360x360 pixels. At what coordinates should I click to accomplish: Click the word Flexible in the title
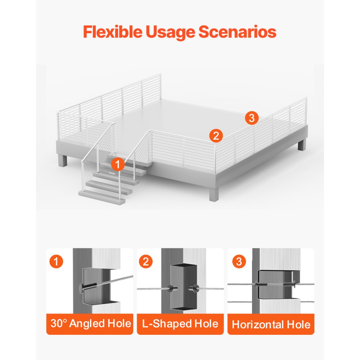(112, 32)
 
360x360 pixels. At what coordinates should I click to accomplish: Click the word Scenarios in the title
(237, 32)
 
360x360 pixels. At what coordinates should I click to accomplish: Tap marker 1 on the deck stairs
(118, 165)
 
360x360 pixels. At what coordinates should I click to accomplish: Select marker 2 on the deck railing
(216, 136)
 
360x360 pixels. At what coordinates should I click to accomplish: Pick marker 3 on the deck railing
(252, 118)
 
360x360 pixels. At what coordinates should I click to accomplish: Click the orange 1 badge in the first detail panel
(56, 261)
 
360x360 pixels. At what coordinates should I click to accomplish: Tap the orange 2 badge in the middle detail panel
(146, 261)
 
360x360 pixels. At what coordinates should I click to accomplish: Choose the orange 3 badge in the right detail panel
(239, 261)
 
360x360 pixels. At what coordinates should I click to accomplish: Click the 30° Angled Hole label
(91, 324)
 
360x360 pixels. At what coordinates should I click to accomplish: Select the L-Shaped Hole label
(180, 324)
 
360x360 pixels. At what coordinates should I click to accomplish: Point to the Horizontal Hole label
(271, 325)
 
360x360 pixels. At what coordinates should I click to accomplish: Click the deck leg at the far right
(302, 145)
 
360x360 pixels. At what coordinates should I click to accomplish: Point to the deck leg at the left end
(62, 161)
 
